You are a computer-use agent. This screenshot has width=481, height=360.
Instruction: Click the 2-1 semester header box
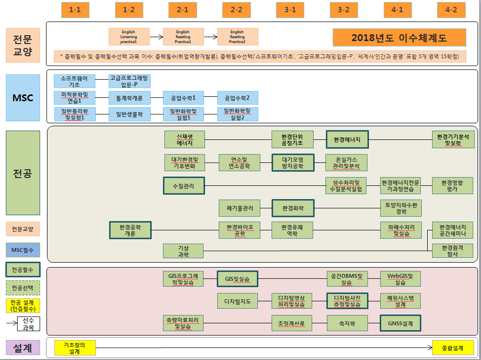tap(183, 9)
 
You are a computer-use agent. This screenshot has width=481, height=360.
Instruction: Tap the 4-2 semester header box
tap(451, 9)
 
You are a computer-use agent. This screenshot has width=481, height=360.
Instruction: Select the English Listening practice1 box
tap(129, 37)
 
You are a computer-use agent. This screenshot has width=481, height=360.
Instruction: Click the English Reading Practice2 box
tap(237, 37)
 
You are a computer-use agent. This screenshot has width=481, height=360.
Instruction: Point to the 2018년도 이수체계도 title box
tap(399, 37)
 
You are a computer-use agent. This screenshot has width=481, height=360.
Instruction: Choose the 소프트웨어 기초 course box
tap(74, 81)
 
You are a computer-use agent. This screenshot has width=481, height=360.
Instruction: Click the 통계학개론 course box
tap(129, 98)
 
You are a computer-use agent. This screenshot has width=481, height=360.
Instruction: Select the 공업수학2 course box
tap(237, 98)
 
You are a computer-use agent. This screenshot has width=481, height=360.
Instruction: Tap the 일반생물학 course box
tap(129, 114)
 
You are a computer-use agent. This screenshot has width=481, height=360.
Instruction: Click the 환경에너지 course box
tap(347, 139)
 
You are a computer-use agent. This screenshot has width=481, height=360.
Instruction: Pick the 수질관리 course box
tap(184, 186)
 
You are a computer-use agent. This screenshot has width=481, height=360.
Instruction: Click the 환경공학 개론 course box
tap(130, 230)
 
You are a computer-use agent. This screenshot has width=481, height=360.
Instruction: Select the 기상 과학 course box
tap(183, 251)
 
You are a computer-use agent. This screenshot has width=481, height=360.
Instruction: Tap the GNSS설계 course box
tap(401, 323)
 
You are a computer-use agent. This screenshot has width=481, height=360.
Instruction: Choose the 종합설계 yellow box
tap(454, 348)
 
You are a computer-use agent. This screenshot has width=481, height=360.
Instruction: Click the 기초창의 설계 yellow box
tap(75, 348)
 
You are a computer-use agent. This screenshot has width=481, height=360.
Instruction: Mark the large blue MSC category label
tap(23, 97)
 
